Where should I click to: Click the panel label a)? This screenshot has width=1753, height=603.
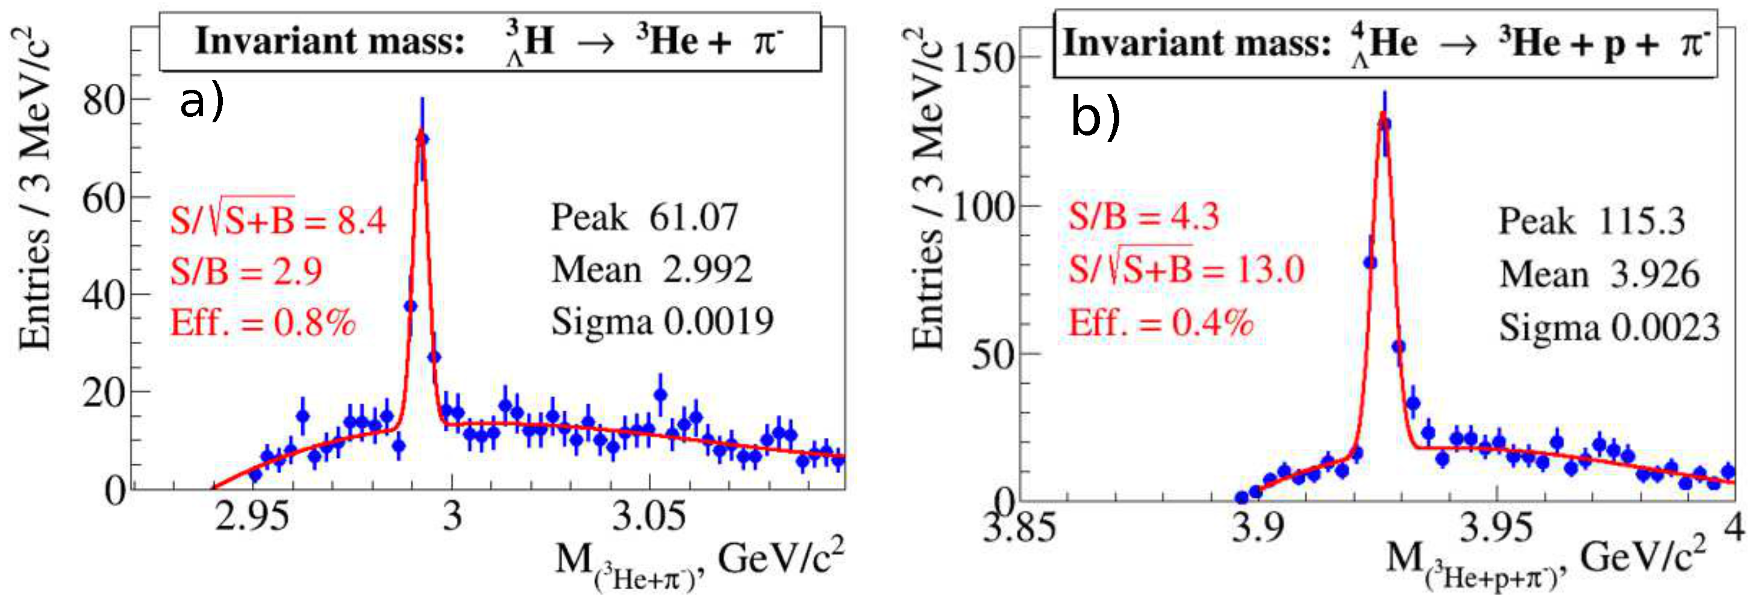tap(201, 104)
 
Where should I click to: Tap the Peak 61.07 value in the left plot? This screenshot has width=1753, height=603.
tap(644, 218)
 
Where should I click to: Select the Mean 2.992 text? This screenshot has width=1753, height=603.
tap(651, 269)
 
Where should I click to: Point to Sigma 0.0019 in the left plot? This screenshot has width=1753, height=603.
tap(661, 321)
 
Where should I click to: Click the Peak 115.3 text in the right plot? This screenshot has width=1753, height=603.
tap(1592, 222)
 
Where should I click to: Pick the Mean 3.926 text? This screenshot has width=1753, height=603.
tap(1599, 275)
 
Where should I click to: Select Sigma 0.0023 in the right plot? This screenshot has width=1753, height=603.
tap(1609, 328)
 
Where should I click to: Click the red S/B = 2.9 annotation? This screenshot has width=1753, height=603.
tap(246, 272)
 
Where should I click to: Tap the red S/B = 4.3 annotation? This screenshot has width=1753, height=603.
tap(1143, 217)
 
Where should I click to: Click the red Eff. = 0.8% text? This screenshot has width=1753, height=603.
tap(263, 323)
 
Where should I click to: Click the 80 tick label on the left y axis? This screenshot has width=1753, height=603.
tap(105, 101)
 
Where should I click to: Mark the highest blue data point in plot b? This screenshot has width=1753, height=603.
tap(1385, 125)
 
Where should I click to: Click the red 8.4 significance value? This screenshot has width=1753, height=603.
tap(361, 220)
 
